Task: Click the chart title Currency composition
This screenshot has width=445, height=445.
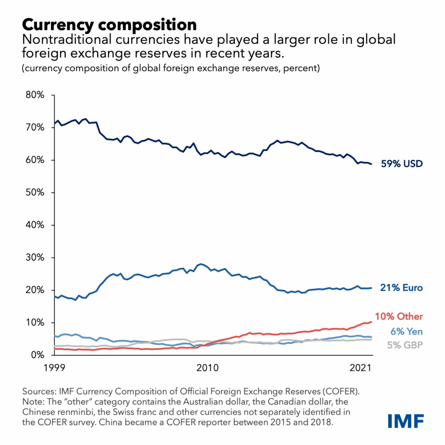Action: point(109,24)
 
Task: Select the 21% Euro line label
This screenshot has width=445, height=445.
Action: point(401,288)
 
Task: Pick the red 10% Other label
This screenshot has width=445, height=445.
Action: point(399,316)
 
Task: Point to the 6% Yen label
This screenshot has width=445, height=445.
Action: point(406,332)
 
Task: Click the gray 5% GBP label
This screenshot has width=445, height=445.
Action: point(404,346)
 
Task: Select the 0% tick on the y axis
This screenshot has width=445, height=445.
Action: point(38,355)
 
